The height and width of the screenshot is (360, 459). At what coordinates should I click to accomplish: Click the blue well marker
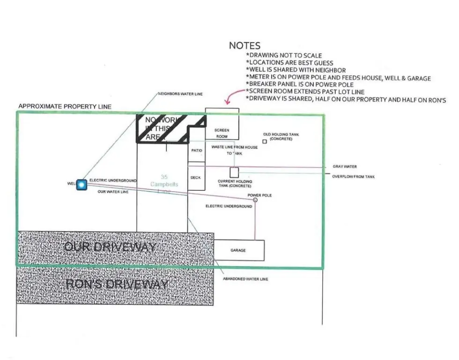point(82,185)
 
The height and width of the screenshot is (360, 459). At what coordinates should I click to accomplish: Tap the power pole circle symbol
point(255,200)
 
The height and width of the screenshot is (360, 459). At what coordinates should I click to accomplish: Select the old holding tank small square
point(265,141)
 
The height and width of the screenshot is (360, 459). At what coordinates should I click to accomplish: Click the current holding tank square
point(234,172)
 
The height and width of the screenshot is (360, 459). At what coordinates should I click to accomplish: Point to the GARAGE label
point(238,250)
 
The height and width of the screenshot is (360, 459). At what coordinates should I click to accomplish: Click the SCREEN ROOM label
point(222,133)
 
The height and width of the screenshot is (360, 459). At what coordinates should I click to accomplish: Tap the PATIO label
point(196,150)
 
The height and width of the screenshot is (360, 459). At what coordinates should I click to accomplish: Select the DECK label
point(196,178)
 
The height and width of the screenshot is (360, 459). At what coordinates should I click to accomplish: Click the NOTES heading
point(244,45)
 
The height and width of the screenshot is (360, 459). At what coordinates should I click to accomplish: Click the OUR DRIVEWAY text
point(110,247)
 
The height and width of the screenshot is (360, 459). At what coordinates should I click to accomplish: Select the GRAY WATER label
point(345,166)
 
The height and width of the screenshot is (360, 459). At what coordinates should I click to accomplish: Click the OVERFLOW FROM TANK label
point(353,177)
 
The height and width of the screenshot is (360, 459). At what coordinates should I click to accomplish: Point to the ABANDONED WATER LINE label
point(246,279)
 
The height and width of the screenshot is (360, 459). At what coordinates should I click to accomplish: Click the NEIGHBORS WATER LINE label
point(180,94)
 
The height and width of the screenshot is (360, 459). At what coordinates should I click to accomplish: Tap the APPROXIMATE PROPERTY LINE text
point(65,106)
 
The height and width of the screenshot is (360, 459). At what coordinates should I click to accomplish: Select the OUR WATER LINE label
point(113,192)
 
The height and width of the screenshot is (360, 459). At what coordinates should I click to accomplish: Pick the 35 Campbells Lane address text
point(161,184)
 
